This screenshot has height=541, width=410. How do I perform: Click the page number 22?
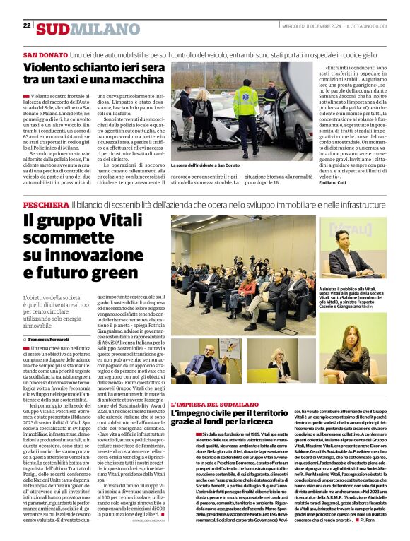[x=26, y=25]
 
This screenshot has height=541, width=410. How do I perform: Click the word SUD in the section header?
[x=53, y=29]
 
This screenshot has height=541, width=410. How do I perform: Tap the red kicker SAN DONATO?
[x=45, y=55]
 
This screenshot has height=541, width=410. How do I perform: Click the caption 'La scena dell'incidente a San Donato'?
[x=204, y=165]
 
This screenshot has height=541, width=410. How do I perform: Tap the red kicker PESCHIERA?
[x=46, y=204]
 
